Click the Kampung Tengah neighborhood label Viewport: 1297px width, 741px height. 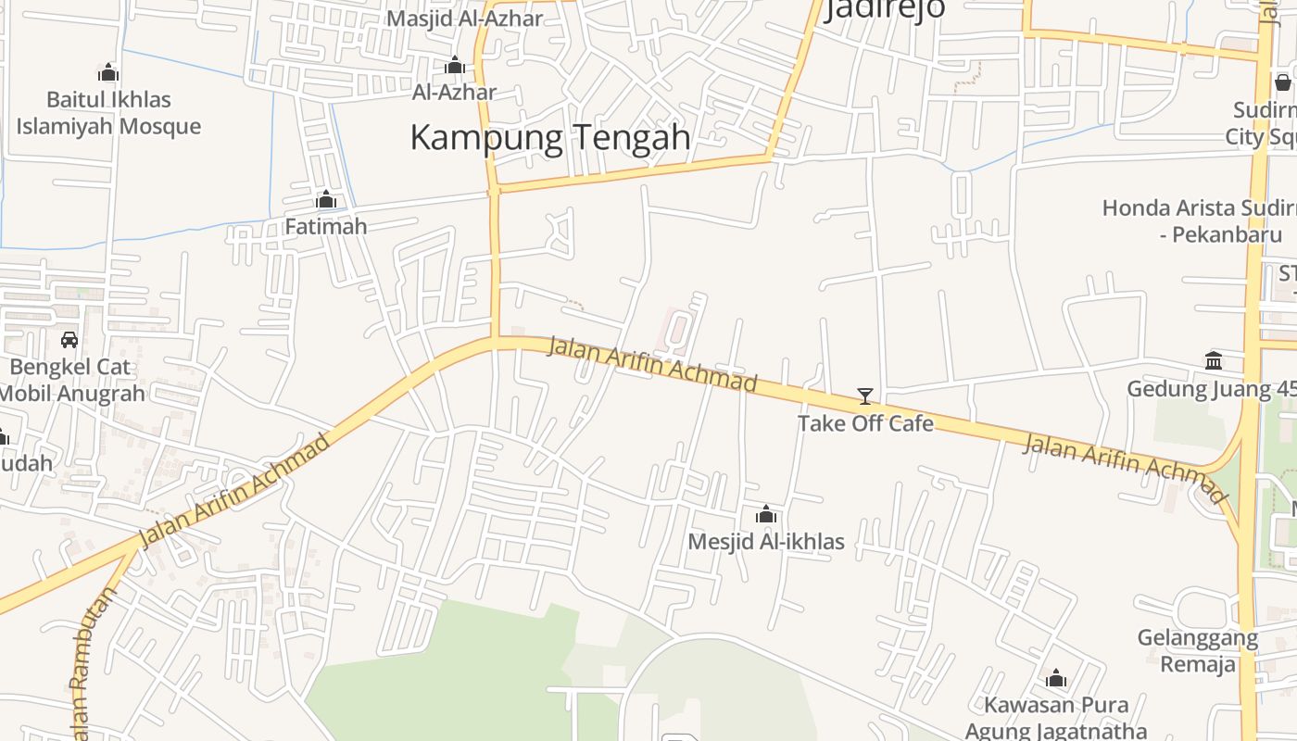(550, 138)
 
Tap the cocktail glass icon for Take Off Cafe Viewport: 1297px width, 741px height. (865, 396)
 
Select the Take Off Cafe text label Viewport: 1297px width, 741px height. (865, 423)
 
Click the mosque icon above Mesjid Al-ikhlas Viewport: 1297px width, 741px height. (766, 514)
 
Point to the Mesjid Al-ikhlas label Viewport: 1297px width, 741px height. (766, 541)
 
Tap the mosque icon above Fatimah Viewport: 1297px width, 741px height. (326, 199)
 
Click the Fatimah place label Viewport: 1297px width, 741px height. (326, 226)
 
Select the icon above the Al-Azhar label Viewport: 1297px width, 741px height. (455, 65)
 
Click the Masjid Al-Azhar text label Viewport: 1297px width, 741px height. (464, 19)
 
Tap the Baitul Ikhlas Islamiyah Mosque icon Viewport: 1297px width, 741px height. (108, 72)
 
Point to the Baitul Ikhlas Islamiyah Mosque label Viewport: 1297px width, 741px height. (108, 112)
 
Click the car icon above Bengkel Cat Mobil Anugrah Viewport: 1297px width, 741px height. (69, 339)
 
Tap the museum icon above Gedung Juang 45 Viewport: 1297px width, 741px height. (1214, 360)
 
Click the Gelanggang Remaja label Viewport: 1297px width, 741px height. (1198, 651)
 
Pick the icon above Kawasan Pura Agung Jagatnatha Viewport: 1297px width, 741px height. (1056, 679)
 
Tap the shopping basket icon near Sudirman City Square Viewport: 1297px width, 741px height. (1283, 82)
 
